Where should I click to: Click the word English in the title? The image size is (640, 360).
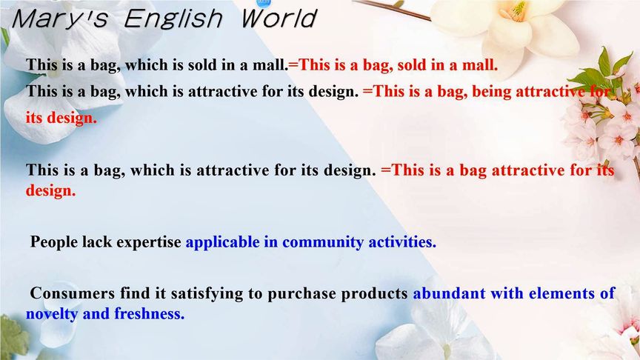[x=173, y=19]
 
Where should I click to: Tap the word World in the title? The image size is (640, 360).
[x=279, y=19]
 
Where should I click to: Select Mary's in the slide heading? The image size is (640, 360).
[x=61, y=19]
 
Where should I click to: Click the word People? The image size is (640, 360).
[x=54, y=241]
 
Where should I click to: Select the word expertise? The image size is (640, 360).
[x=149, y=242]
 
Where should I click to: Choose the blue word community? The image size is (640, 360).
[x=322, y=242]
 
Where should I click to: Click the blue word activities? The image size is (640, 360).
[x=402, y=242]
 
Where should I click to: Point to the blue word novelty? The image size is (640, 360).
[x=52, y=314]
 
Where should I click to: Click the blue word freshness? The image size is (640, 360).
[x=150, y=313]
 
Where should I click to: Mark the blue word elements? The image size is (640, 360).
[x=561, y=293]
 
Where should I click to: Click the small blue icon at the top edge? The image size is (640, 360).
[x=264, y=2]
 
